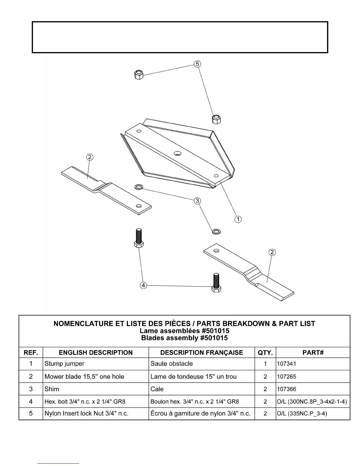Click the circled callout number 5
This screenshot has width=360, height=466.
coord(197,64)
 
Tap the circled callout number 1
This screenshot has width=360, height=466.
coord(238,219)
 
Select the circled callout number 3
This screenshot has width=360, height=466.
coord(197,201)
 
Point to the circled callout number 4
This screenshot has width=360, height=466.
coord(143,285)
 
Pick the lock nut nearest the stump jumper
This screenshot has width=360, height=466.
coord(216,119)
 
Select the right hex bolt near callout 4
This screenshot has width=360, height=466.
coord(216,282)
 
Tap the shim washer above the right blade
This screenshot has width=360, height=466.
coord(216,231)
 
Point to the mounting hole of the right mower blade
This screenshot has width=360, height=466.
coord(216,251)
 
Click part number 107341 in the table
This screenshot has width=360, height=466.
coord(286,364)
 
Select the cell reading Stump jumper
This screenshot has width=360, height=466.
coord(64,364)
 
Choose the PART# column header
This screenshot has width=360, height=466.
coord(313,352)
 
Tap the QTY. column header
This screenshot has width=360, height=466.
coord(265,352)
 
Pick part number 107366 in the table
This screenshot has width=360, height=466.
coord(286,389)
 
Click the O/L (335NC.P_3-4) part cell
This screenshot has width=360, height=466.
coord(302,413)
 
